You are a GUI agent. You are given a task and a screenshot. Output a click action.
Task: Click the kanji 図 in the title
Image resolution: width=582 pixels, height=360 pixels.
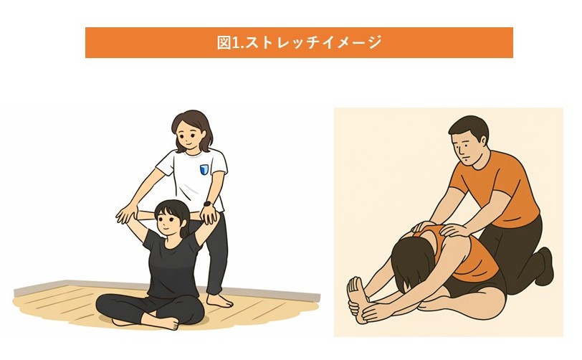(224, 42)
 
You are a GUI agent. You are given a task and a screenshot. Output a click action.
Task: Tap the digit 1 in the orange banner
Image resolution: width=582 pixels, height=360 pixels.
(235, 43)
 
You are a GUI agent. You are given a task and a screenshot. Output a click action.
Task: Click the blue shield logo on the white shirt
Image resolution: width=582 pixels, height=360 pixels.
(204, 169)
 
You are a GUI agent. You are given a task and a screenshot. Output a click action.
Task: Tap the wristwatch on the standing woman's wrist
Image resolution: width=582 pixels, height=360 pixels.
(207, 204)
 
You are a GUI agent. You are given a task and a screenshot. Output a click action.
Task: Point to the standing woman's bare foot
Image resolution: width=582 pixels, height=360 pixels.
(220, 300)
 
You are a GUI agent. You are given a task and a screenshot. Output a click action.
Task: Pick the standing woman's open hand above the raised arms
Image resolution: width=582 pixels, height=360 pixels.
(127, 214)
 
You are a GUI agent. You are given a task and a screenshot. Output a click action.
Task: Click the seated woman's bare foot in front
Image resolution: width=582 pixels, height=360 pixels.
(164, 323)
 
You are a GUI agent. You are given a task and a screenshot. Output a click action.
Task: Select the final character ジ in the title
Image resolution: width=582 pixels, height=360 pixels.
(375, 43)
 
